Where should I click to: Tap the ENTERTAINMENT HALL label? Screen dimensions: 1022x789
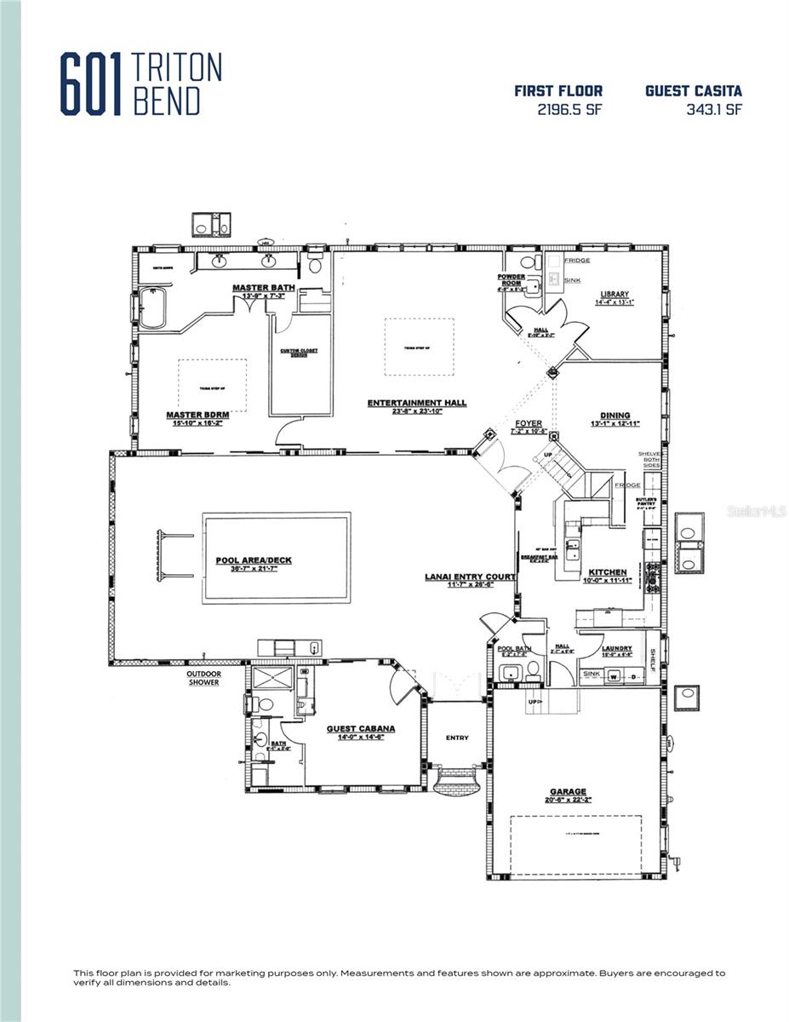(x=416, y=403)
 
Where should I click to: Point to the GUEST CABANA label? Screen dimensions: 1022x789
(x=361, y=729)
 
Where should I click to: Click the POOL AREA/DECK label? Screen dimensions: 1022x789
(x=253, y=560)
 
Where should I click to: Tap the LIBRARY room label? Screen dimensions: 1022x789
(x=614, y=294)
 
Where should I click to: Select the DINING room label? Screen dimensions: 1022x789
(x=615, y=416)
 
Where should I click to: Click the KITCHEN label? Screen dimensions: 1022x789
(x=609, y=572)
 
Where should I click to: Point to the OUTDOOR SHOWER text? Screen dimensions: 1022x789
(x=204, y=678)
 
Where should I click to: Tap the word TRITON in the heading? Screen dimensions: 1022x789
(x=177, y=67)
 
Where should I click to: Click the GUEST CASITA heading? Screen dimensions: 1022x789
(x=693, y=90)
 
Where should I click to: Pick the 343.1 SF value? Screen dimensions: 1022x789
(x=713, y=110)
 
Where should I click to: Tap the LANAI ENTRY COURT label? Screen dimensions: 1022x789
(x=470, y=577)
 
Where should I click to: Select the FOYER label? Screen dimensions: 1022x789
(x=529, y=423)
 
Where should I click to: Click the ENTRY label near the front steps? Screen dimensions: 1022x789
(x=457, y=738)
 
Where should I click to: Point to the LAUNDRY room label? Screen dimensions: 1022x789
(x=617, y=649)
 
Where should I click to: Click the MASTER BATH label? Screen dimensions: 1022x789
(x=263, y=288)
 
